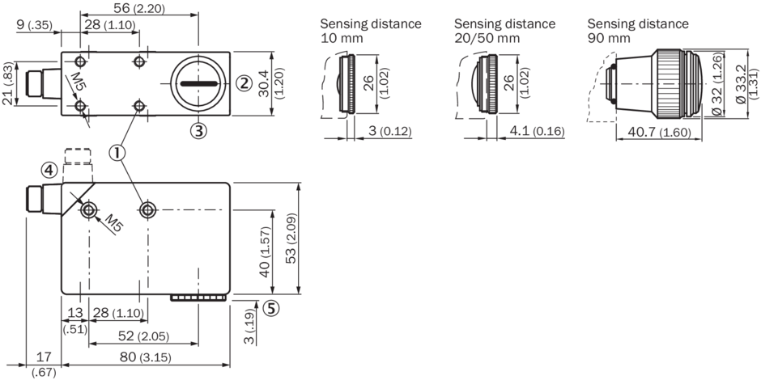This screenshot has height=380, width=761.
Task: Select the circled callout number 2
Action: click(243, 82)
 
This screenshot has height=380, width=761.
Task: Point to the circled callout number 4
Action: click(50, 171)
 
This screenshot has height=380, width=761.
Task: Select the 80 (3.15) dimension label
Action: click(131, 356)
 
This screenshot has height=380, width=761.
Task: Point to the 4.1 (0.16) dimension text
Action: click(533, 130)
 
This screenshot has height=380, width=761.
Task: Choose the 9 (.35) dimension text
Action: click(33, 26)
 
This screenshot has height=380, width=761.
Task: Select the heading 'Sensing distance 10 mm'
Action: click(370, 31)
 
